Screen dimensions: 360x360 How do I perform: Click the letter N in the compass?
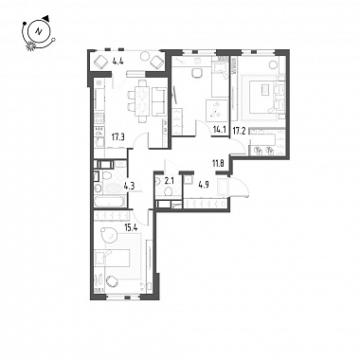pyautogui.click(x=39, y=31)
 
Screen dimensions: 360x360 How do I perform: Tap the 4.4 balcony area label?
pyautogui.click(x=117, y=62)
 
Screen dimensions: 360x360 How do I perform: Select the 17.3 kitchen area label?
pyautogui.click(x=117, y=136)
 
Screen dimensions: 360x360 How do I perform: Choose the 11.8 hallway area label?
pyautogui.click(x=218, y=164)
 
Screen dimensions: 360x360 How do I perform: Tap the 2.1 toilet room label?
pyautogui.click(x=169, y=181)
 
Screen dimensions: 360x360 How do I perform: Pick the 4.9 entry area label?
pyautogui.click(x=202, y=185)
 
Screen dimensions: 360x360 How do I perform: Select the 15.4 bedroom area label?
pyautogui.click(x=130, y=225)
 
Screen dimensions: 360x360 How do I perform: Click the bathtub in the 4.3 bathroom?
pyautogui.click(x=110, y=201)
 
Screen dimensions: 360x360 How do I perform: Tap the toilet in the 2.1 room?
pyautogui.click(x=169, y=190)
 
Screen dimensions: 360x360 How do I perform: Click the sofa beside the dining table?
pyautogui.click(x=159, y=101)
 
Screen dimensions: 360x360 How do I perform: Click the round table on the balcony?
pyautogui.click(x=145, y=56)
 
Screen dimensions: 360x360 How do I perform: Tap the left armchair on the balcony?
pyautogui.click(x=101, y=62)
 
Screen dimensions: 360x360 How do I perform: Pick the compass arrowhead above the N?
pyautogui.click(x=46, y=18)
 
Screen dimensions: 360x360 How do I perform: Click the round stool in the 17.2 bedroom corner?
pyautogui.click(x=273, y=64)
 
